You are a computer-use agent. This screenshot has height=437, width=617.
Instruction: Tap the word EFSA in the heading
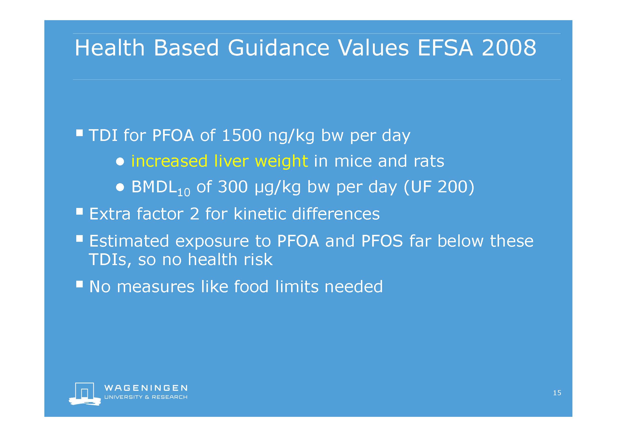click(x=445, y=48)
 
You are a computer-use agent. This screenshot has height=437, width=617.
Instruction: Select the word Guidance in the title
click(x=278, y=48)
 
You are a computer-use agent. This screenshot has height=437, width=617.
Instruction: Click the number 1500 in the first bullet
click(x=241, y=135)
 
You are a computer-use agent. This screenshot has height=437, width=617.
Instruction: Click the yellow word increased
click(x=169, y=161)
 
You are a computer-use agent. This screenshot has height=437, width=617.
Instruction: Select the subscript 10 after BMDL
click(x=184, y=193)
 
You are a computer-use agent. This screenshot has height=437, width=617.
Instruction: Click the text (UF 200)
click(x=439, y=187)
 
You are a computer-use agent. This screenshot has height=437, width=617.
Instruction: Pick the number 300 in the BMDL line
click(x=233, y=187)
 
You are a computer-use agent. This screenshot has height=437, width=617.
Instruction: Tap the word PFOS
click(x=382, y=241)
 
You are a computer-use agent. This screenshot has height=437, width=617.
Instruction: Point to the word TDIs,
click(x=110, y=260)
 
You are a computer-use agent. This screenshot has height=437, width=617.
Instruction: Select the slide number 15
click(x=557, y=393)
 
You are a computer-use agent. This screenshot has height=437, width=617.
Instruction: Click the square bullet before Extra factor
click(x=79, y=211)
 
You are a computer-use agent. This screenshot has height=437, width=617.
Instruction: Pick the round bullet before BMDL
click(x=120, y=187)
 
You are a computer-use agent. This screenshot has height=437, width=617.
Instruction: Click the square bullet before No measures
click(x=79, y=284)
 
